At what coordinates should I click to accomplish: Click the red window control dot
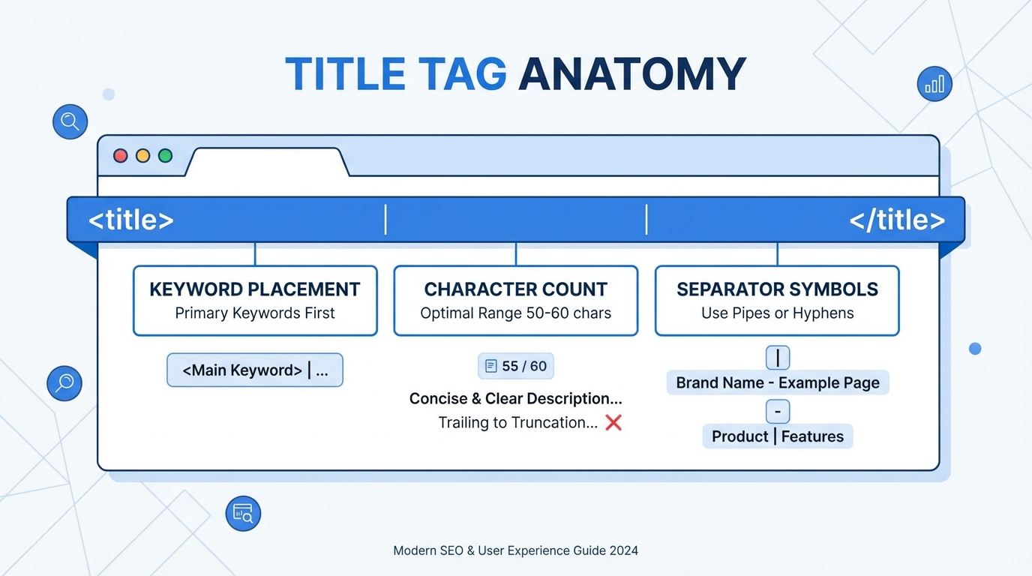[x=121, y=156]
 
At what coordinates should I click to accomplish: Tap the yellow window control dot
[x=143, y=156]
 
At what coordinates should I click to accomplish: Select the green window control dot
[x=166, y=156]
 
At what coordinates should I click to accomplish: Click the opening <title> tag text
[x=131, y=220]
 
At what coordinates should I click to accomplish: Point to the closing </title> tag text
[x=897, y=220]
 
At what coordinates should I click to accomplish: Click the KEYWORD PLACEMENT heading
[x=255, y=289]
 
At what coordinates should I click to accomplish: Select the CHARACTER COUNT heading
[x=516, y=289]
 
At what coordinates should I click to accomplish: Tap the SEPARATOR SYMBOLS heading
[x=777, y=289]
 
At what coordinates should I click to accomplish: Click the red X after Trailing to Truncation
[x=613, y=423]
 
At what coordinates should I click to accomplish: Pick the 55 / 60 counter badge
[x=516, y=366]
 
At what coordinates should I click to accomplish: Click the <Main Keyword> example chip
[x=255, y=370]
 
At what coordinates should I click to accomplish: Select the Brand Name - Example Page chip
[x=778, y=383]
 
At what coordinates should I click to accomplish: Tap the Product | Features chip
[x=778, y=436]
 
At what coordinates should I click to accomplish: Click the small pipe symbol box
[x=778, y=358]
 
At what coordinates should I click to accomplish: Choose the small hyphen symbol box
[x=778, y=411]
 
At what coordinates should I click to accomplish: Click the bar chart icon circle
[x=934, y=84]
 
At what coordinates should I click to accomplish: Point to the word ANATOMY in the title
[x=631, y=74]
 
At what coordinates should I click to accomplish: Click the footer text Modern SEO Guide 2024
[x=516, y=550]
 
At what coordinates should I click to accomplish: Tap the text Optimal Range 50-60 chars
[x=516, y=313]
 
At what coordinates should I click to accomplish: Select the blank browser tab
[x=267, y=162]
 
